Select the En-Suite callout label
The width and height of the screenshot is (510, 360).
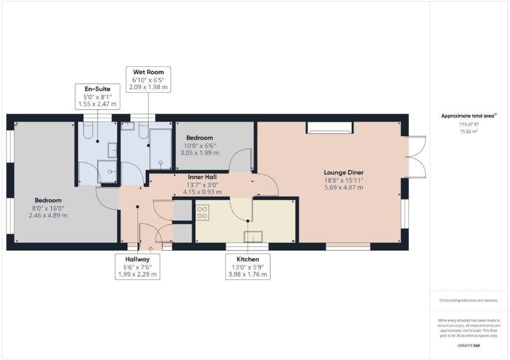[97, 97]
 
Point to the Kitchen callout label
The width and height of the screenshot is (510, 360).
[248, 266]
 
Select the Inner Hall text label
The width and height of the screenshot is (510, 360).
[202, 177]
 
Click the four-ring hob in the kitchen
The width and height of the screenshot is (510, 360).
[202, 213]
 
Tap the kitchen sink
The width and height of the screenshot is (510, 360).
[253, 237]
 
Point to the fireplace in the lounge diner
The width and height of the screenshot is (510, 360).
[330, 127]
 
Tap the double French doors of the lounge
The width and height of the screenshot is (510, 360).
[416, 157]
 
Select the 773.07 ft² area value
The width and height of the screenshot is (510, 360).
[468, 124]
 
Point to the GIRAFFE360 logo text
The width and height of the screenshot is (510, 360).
[468, 345]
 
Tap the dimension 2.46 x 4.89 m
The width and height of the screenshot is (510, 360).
[48, 216]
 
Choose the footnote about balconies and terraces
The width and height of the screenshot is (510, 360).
[468, 300]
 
